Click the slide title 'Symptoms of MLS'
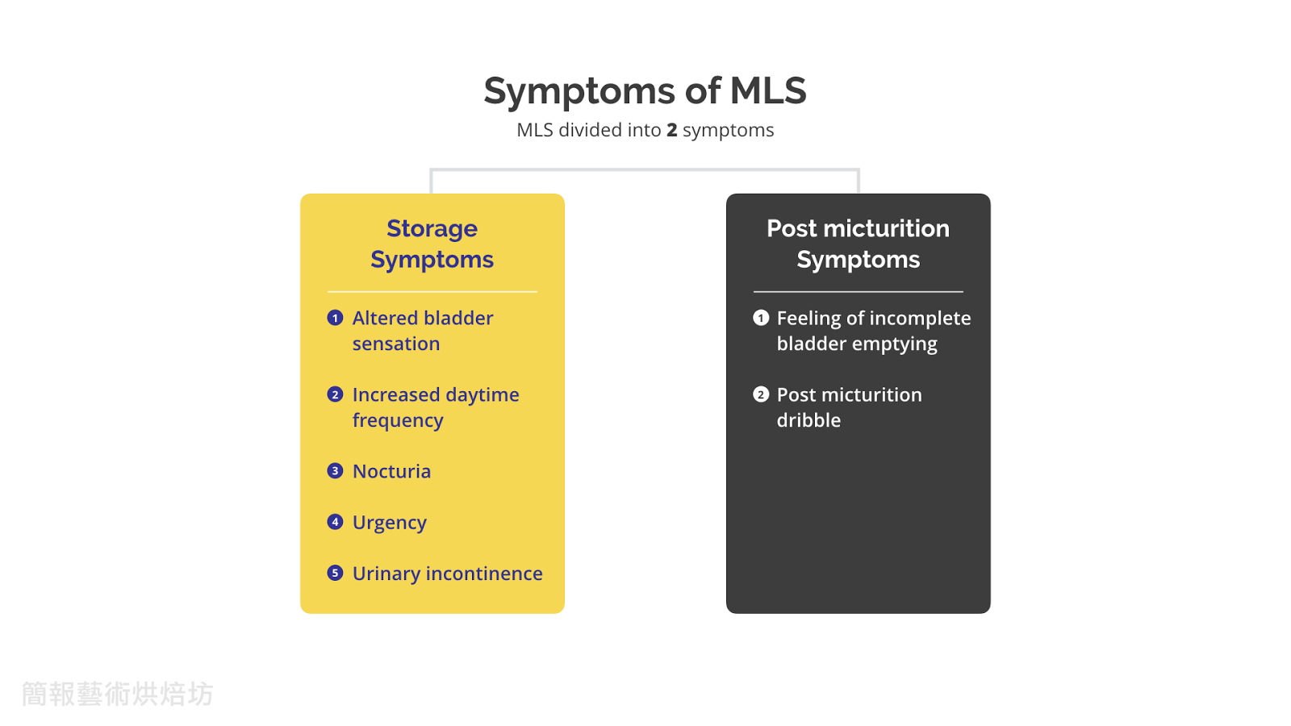[x=645, y=90]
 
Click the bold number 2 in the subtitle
[x=671, y=130]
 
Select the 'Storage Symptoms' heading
[x=432, y=244]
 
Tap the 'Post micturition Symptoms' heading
[x=858, y=244]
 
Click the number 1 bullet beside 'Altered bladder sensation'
[x=335, y=318]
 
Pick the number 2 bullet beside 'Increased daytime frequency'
[x=335, y=394]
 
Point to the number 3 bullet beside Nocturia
[x=335, y=471]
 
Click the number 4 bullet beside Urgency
[x=335, y=522]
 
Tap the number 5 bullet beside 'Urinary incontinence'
[x=335, y=573]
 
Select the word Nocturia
[x=391, y=471]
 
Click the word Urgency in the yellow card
[x=389, y=523]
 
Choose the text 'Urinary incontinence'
[x=447, y=574]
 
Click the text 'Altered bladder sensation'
[x=422, y=331]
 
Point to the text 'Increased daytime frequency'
[x=435, y=407]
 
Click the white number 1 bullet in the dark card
[x=761, y=318]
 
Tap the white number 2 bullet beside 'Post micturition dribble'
[x=761, y=394]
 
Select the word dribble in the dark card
[x=808, y=420]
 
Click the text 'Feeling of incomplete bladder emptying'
[x=873, y=331]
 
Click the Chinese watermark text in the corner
[x=118, y=694]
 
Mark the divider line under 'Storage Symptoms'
[x=432, y=291]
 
